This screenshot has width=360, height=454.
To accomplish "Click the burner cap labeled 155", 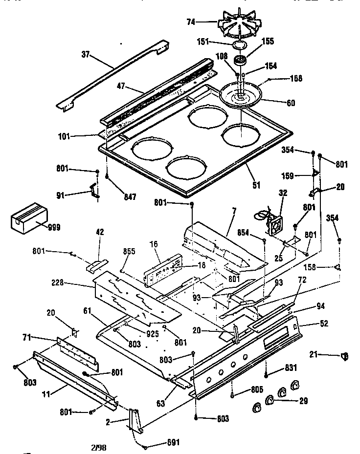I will coord(240,61).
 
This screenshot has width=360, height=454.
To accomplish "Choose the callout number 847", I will coord(130,197).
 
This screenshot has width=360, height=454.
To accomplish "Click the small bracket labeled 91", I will coord(93,191).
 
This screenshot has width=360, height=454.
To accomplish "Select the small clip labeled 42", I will coord(96,265).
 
